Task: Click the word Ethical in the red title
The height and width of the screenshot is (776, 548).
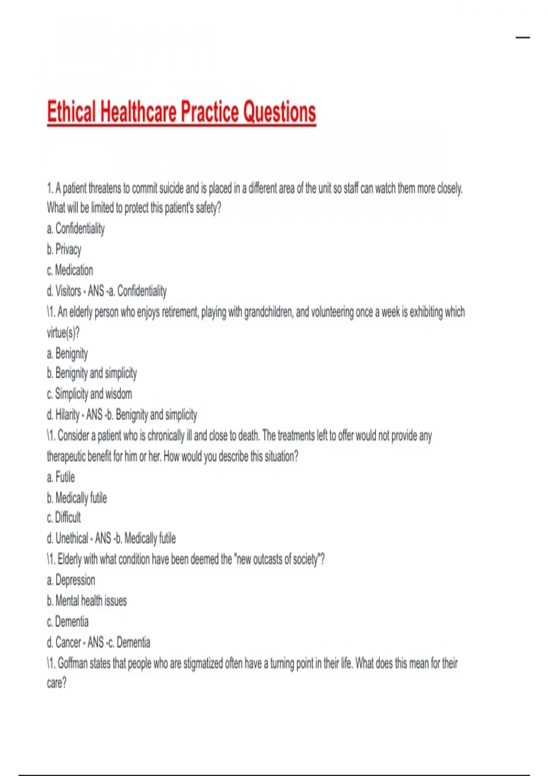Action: [x=72, y=111]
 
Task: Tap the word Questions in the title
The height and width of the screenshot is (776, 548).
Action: [x=279, y=111]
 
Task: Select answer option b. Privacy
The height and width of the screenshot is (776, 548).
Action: [x=64, y=249]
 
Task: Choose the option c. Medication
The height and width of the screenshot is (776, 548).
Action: [x=70, y=270]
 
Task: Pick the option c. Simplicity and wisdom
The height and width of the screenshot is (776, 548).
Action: [x=89, y=393]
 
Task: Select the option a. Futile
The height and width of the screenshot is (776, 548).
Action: [x=61, y=477]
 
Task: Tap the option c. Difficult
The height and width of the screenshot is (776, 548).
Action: [x=63, y=517]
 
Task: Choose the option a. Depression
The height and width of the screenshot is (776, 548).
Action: [x=71, y=580]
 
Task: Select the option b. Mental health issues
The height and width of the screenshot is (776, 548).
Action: [x=87, y=601]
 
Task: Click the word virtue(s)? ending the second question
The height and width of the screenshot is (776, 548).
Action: [x=63, y=333]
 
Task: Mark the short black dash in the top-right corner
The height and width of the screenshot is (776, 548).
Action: [x=523, y=37]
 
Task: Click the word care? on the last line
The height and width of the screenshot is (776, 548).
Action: [x=57, y=683]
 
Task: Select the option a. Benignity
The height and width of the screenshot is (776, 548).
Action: [x=67, y=354]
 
